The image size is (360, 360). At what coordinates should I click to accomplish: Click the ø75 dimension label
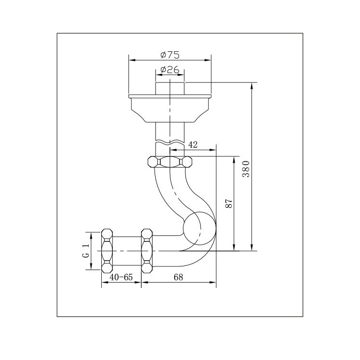[x=170, y=55]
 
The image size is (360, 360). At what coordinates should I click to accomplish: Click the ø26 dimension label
[x=169, y=70]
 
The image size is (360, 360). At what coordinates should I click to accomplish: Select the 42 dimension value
[x=193, y=144]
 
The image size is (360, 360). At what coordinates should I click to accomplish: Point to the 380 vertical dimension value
[x=245, y=168]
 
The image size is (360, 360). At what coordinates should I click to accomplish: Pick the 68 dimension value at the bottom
[x=179, y=277]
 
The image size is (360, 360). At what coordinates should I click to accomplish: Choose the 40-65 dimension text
[x=121, y=277]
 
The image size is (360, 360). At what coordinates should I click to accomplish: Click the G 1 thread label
[x=86, y=251]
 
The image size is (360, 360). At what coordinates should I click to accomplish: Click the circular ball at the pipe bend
[x=200, y=228]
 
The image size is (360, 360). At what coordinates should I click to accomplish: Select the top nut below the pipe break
[x=170, y=161]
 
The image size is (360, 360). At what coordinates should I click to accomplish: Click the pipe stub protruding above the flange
[x=170, y=88]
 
